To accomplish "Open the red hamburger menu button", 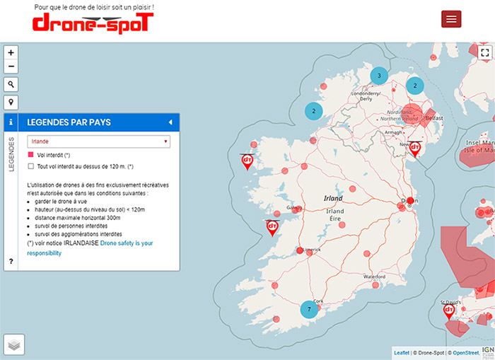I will (x=451, y=19).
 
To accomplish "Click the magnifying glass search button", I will (x=11, y=84).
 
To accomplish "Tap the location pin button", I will (x=11, y=102).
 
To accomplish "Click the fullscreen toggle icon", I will (x=484, y=52).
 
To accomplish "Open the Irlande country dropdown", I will (x=99, y=141).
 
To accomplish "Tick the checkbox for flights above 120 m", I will (x=30, y=166).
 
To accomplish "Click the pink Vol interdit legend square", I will (x=30, y=154).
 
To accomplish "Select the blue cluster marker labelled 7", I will (x=308, y=310).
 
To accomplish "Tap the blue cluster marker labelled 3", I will (x=379, y=76).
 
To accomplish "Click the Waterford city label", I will (x=374, y=276).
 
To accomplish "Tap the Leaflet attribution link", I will (x=401, y=352).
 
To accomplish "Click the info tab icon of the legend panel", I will (x=11, y=122).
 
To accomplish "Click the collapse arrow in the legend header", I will (x=170, y=122).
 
